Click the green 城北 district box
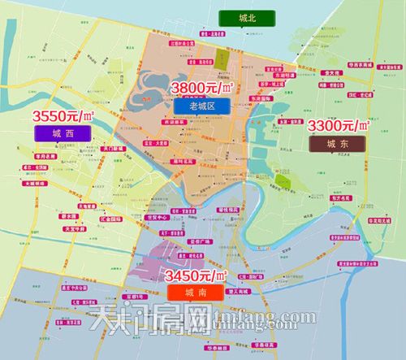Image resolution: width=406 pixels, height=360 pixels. tap(227, 19)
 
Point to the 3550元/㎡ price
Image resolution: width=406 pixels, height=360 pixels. tap(62, 115)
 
